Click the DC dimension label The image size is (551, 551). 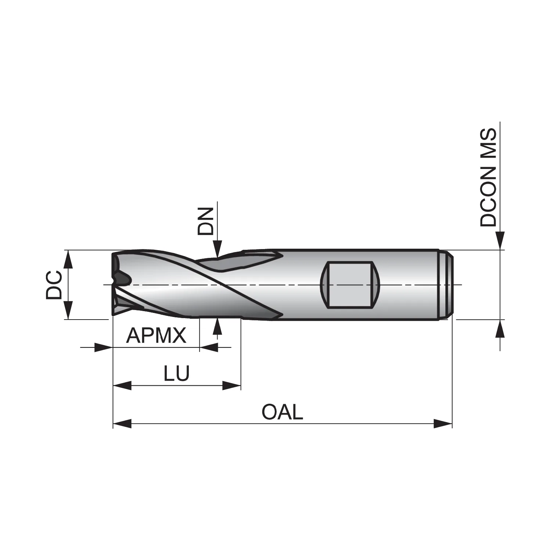[54, 285]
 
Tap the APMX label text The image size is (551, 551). [156, 335]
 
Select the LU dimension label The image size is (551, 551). [176, 373]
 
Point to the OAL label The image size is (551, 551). [282, 412]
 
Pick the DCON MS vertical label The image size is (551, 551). [488, 177]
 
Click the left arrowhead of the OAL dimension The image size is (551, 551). [122, 424]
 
